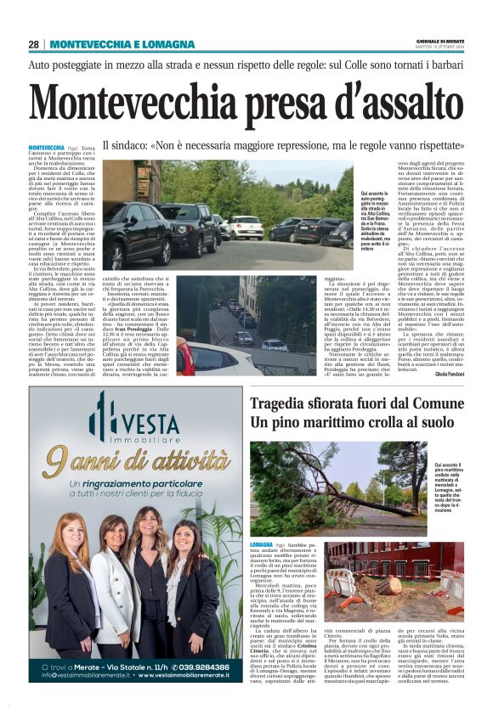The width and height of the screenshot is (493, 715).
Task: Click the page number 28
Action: [x=34, y=44]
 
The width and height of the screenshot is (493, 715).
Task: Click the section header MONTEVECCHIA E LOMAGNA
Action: [x=122, y=44]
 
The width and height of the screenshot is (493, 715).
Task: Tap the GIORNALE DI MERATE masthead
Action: [x=439, y=41]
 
